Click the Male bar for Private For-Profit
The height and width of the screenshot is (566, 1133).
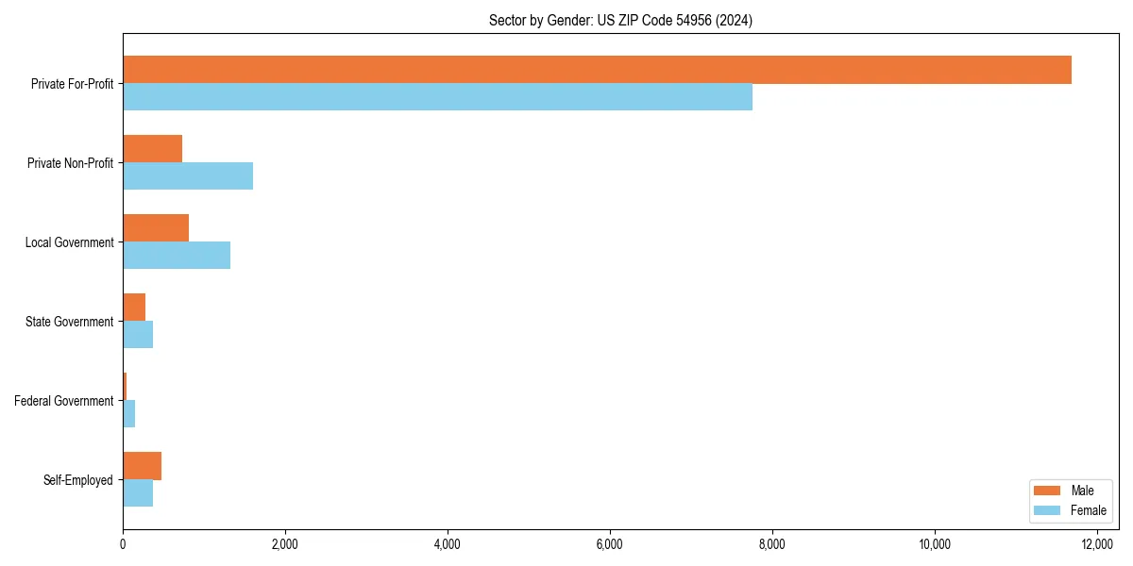pyautogui.click(x=597, y=70)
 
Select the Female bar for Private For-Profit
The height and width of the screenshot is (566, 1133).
pyautogui.click(x=437, y=97)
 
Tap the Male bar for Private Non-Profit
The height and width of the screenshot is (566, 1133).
pyautogui.click(x=152, y=149)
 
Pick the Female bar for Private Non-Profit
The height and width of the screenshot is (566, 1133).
pyautogui.click(x=188, y=176)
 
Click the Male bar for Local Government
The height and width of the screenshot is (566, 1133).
pyautogui.click(x=156, y=228)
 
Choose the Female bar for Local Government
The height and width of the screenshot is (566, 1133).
pyautogui.click(x=177, y=256)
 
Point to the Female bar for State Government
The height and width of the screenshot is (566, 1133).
pyautogui.click(x=138, y=335)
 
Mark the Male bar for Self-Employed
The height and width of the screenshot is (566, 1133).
pyautogui.click(x=142, y=466)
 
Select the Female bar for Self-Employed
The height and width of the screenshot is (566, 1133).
pyautogui.click(x=138, y=493)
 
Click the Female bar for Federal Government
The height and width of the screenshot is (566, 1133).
pyautogui.click(x=129, y=414)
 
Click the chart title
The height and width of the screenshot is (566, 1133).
pyautogui.click(x=620, y=20)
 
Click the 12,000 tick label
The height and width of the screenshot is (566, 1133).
pyautogui.click(x=1097, y=544)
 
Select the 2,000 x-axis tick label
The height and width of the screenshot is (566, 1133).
pyautogui.click(x=285, y=544)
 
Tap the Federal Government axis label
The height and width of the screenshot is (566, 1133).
pyautogui.click(x=63, y=401)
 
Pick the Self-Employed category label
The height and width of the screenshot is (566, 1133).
pyautogui.click(x=77, y=480)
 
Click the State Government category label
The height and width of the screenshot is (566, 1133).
pyautogui.click(x=69, y=322)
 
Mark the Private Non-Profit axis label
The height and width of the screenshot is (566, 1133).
pyautogui.click(x=70, y=163)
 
